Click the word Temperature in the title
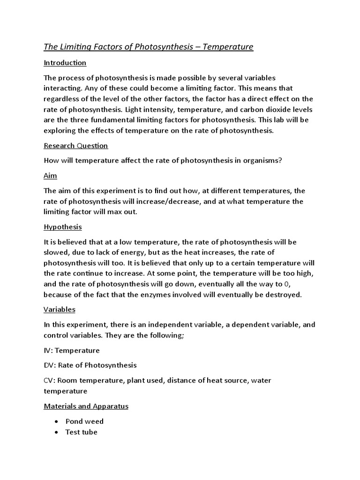pos(229,47)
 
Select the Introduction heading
pos(65,62)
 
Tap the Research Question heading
pos(75,145)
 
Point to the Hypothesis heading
pos(62,227)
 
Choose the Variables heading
pos(59,309)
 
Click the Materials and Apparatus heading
pos(86,406)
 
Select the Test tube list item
pos(81,432)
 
